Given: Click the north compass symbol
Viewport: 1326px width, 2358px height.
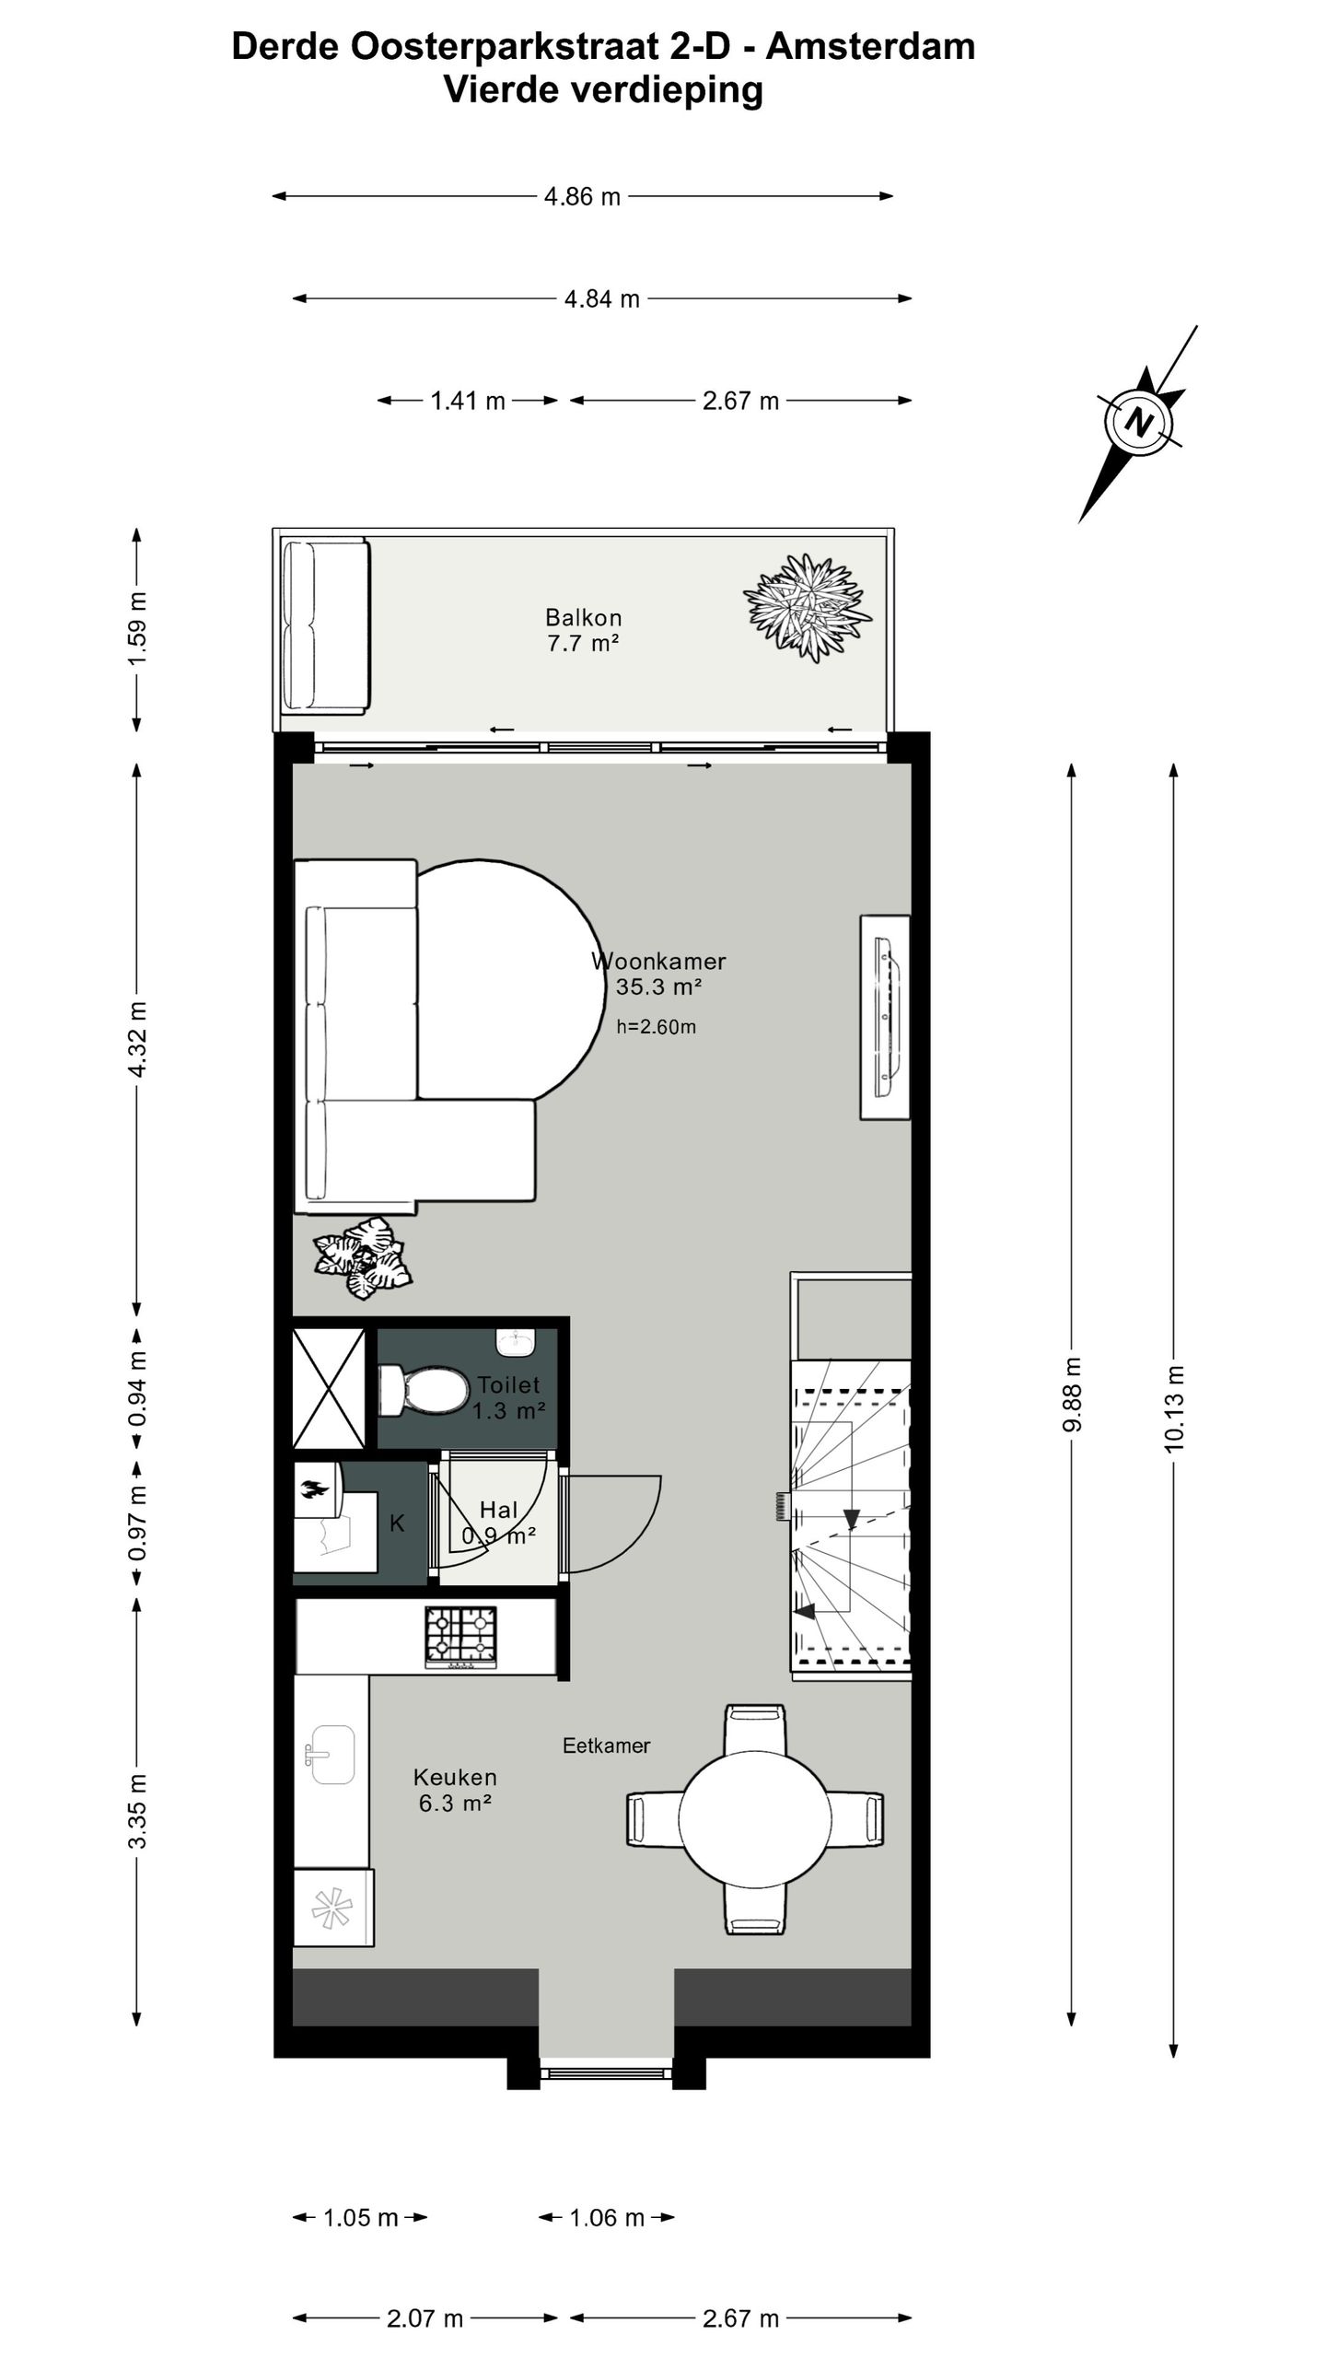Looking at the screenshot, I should [x=1140, y=423].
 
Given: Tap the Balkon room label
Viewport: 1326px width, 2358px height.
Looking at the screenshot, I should [x=583, y=617].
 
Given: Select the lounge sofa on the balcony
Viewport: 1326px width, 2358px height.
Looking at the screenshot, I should [x=326, y=627].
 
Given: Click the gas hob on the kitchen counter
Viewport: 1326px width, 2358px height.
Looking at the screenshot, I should [x=460, y=1637].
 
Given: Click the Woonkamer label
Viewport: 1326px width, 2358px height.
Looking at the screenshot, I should [x=659, y=962].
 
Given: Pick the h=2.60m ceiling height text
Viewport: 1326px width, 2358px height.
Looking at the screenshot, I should [x=656, y=1027].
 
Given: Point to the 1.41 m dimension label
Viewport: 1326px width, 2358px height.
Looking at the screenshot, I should [x=468, y=401].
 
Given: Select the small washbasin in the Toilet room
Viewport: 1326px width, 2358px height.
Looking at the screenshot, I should [x=515, y=1342].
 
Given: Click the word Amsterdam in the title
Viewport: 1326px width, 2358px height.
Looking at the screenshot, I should [x=870, y=46].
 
